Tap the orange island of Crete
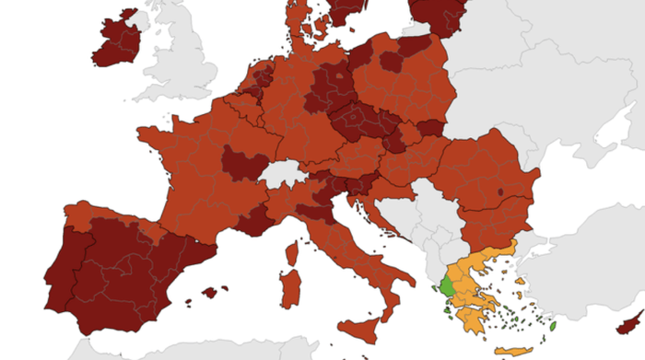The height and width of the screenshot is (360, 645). coord(513,350)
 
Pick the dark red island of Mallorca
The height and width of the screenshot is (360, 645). coord(214,293)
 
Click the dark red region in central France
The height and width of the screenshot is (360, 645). coord(241,167)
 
